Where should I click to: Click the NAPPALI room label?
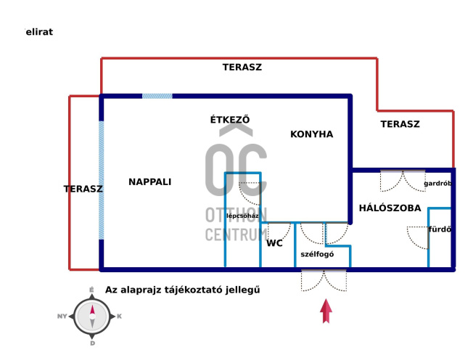pos(149,182)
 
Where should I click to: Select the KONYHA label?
pos(311,134)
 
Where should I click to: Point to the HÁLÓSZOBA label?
pos(390,208)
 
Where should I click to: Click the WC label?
pos(274,244)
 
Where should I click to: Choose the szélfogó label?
pos(317,254)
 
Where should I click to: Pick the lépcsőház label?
pos(242,216)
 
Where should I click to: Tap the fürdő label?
pos(440,230)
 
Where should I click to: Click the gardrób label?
pos(438,184)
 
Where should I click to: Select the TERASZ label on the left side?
pos(83,189)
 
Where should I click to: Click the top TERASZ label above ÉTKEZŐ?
pos(242,67)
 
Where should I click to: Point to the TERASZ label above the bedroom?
pos(400,124)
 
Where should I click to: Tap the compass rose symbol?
pos(92,317)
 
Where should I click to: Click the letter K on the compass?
pos(119,317)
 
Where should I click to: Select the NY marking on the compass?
pos(62,317)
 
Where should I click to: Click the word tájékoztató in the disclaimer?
pos(192,290)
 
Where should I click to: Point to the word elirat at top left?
pos(39,32)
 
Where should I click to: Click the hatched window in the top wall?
pos(157,96)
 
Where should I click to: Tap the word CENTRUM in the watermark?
pos(236,234)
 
